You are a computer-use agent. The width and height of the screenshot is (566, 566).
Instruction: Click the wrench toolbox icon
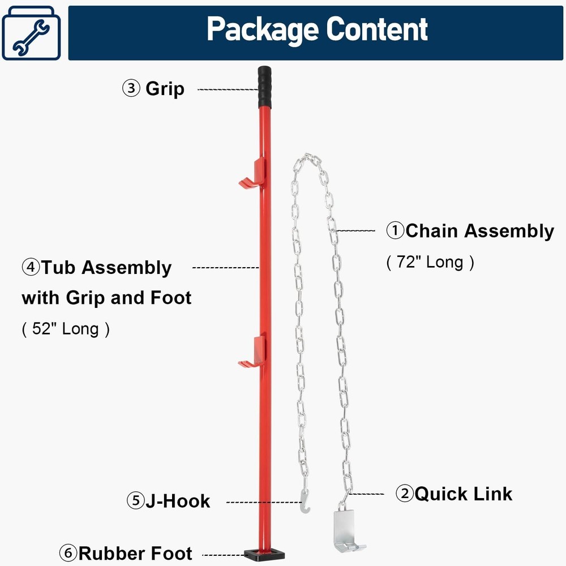[x=31, y=33]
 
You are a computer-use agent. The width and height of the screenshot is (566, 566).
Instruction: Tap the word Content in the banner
[x=380, y=29]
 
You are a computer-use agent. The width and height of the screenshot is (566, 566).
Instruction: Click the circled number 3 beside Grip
[x=131, y=89]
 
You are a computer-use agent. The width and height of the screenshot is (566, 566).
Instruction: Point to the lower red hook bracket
[x=252, y=352]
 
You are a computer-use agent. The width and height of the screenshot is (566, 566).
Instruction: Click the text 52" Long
[x=66, y=329]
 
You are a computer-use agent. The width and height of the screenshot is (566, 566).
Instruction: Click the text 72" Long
[x=430, y=262]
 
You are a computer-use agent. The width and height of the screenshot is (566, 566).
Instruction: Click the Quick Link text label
[x=463, y=494]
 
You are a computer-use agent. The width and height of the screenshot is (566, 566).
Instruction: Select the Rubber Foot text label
[x=135, y=553]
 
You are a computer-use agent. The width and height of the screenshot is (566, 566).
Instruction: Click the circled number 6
[x=68, y=553]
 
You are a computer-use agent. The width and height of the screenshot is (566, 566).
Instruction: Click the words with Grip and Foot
[x=106, y=298]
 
